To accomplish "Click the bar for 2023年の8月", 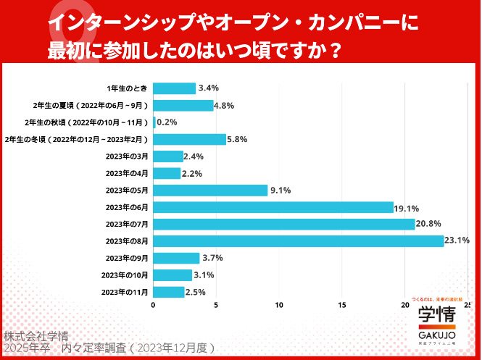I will point(298,241).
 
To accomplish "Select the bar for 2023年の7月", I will point(283,224).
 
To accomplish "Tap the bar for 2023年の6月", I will point(273,207).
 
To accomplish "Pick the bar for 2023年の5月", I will point(210,191).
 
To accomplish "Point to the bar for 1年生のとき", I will point(174,88).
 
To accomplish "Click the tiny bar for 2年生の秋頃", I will point(154,122).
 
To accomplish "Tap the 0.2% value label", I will point(167,122).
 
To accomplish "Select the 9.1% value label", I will point(281,191).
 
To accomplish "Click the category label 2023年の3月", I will point(127,156).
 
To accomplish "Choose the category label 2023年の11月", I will point(125,292).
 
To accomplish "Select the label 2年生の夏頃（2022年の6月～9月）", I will point(91,106).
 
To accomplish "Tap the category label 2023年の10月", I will point(125,275).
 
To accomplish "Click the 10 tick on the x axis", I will point(279,306).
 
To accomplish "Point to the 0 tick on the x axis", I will point(153,306).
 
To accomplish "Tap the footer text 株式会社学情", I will point(36,337).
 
